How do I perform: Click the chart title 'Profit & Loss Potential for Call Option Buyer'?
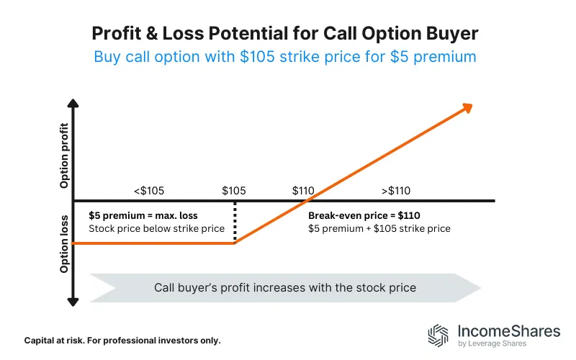[x=288, y=33]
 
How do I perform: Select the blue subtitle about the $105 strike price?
[x=285, y=56]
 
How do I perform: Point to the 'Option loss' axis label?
[x=65, y=243]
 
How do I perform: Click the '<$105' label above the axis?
[x=148, y=191]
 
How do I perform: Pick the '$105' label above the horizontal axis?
[x=234, y=191]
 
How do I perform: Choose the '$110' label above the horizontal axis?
[x=304, y=191]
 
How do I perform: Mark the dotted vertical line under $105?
[x=235, y=222]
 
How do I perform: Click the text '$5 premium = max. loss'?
[x=143, y=215]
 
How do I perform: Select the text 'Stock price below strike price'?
[x=156, y=229]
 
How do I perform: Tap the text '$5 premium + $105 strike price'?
[x=379, y=229]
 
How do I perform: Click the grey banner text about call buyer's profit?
[x=285, y=287]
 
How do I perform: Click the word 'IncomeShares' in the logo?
[x=508, y=331]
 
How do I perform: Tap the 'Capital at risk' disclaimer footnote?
[x=122, y=340]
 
